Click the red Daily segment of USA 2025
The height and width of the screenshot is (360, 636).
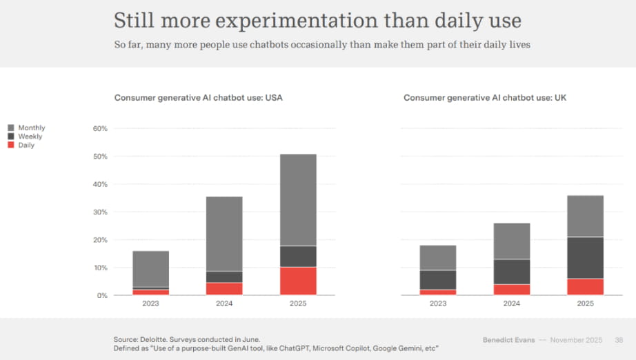pyautogui.click(x=297, y=281)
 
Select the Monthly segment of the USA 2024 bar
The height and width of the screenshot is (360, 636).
pyautogui.click(x=224, y=234)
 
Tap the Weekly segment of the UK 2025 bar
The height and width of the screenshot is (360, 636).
pyautogui.click(x=585, y=257)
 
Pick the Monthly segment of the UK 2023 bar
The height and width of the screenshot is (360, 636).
pyautogui.click(x=437, y=257)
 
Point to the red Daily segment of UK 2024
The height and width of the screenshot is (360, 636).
pyautogui.click(x=511, y=290)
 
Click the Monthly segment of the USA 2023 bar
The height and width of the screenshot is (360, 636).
pyautogui.click(x=151, y=268)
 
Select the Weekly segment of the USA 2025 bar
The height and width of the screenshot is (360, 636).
pyautogui.click(x=297, y=256)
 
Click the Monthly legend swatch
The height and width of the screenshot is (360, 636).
pyautogui.click(x=11, y=128)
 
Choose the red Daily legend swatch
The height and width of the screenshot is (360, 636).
pyautogui.click(x=11, y=145)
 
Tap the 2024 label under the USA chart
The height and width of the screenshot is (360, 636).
pyautogui.click(x=224, y=303)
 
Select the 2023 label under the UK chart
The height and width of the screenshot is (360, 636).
pyautogui.click(x=437, y=303)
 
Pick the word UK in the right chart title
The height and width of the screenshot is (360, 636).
pyautogui.click(x=560, y=98)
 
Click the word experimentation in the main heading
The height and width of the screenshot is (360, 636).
pyautogui.click(x=298, y=21)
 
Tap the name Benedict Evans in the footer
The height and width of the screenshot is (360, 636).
pyautogui.click(x=508, y=340)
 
